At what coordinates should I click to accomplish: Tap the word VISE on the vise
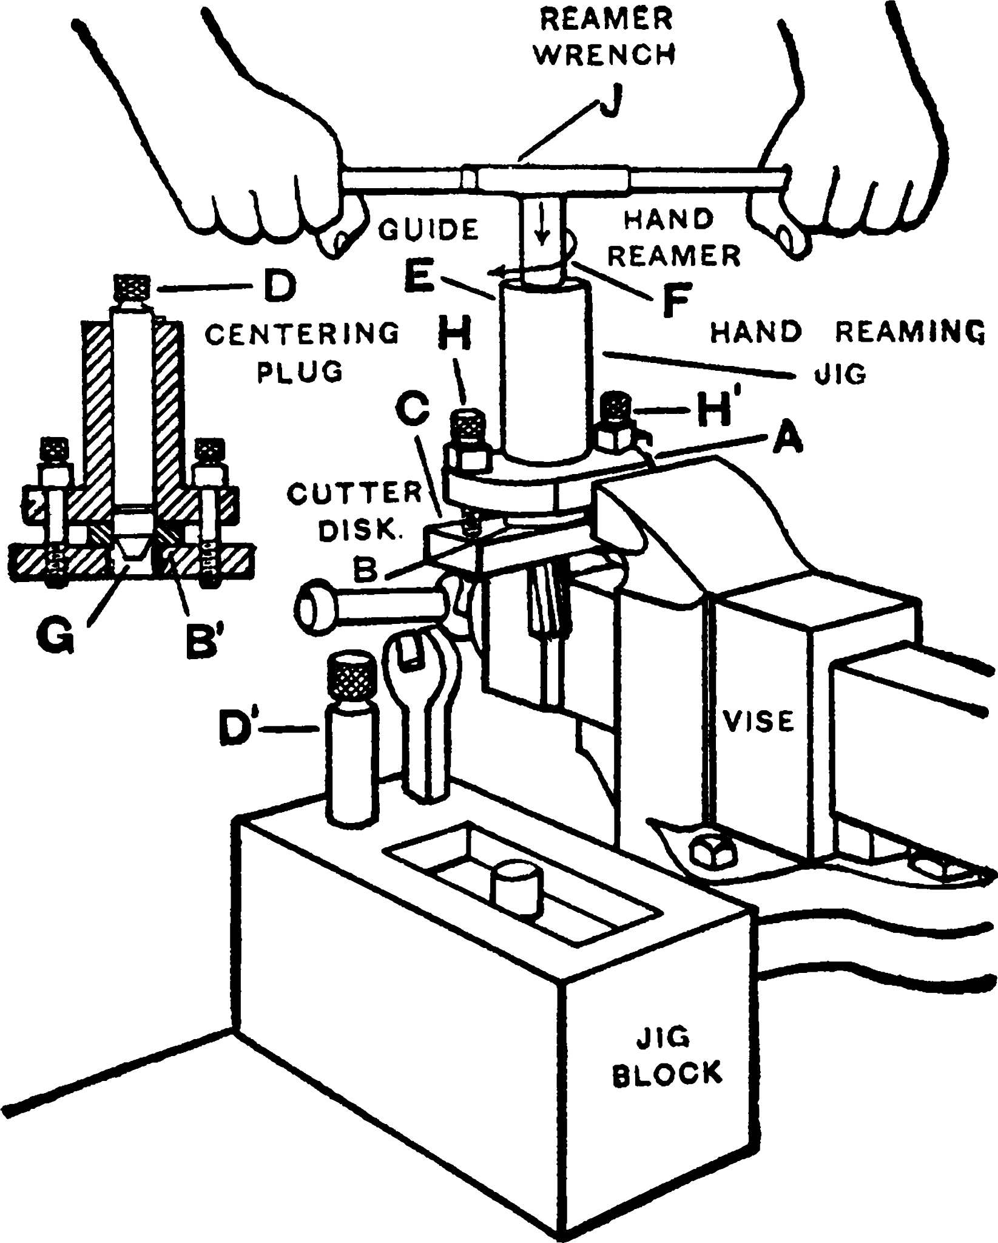(759, 721)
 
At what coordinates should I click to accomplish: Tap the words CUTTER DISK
(352, 511)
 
